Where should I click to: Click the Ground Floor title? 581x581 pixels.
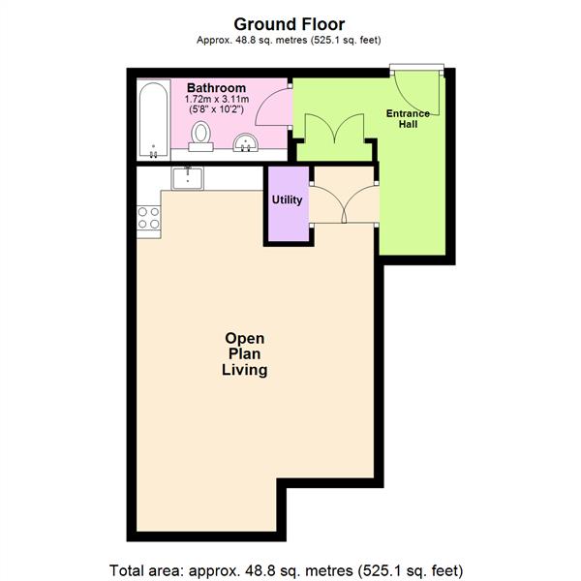289,24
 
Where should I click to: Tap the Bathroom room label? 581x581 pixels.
216,88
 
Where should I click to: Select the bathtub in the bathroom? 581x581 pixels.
154,120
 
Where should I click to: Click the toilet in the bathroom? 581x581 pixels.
200,136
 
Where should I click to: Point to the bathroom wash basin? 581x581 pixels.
245,142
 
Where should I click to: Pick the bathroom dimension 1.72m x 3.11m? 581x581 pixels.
217,100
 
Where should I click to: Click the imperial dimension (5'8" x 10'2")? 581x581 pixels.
216,109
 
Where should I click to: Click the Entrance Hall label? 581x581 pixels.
408,118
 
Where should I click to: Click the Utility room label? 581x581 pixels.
287,200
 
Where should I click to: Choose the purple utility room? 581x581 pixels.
289,203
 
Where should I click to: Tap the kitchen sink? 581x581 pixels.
188,178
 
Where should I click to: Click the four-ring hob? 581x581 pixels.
148,218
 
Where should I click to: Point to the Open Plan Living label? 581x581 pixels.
245,354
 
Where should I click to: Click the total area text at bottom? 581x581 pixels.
286,570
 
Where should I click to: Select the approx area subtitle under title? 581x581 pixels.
289,40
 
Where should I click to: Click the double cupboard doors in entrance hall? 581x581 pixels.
335,128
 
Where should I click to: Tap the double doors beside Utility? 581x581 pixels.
344,203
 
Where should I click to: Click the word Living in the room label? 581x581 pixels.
245,371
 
